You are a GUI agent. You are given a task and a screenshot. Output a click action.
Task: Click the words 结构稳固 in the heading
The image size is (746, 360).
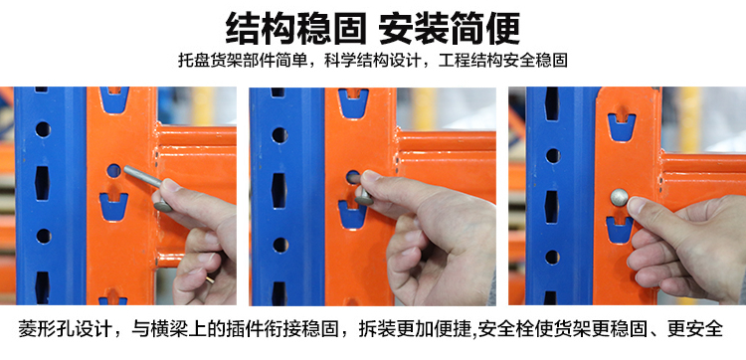click(295, 28)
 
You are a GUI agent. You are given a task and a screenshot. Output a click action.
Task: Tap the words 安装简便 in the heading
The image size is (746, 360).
click(450, 28)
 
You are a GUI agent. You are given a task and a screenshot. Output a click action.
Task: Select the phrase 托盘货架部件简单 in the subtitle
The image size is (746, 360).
click(243, 61)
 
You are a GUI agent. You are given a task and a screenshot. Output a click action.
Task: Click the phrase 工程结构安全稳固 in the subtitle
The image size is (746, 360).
click(503, 61)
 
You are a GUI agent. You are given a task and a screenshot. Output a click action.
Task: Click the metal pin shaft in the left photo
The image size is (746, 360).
click(142, 176)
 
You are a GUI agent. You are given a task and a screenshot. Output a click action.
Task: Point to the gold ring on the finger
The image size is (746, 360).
click(209, 279)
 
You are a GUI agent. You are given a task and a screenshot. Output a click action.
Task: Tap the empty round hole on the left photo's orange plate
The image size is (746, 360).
click(113, 170)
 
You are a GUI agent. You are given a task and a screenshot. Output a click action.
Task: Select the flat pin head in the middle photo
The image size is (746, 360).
click(363, 197)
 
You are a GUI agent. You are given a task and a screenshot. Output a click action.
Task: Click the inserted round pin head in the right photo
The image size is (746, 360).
click(619, 197)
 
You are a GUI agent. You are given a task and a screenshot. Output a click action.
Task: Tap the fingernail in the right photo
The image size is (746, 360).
click(636, 205)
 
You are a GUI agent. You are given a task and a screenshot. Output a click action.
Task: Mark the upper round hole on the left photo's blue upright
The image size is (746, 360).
click(43, 129)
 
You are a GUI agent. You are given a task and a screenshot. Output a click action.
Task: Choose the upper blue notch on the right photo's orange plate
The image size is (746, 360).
click(622, 127)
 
